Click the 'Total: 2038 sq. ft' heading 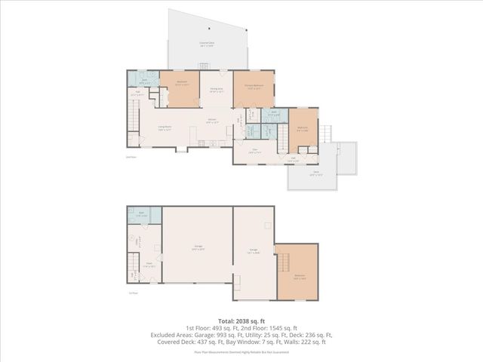[241, 321]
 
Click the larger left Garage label [198, 248]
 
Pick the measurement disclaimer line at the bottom [241, 351]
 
